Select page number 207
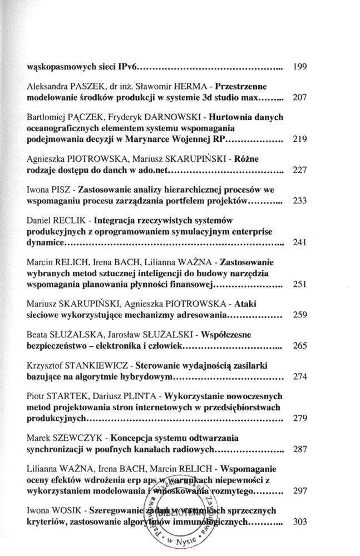tap(300, 97)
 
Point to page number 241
tap(300, 242)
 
